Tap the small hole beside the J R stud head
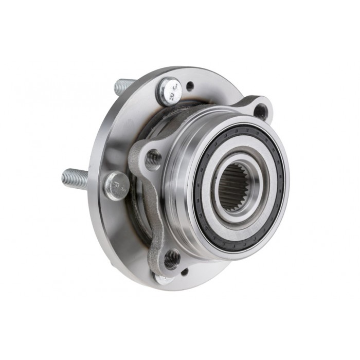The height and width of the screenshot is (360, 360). pyautogui.click(x=189, y=87)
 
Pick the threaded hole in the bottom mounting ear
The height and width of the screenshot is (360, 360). pyautogui.click(x=172, y=258)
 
